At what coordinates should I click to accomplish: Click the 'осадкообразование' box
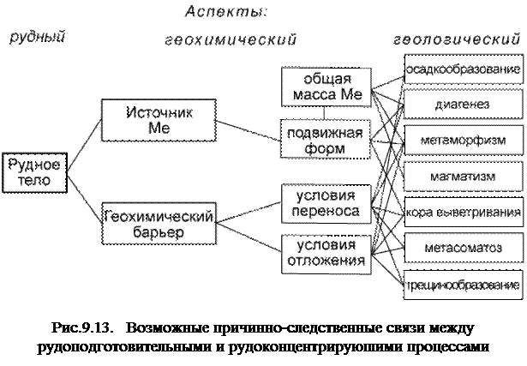click(x=463, y=69)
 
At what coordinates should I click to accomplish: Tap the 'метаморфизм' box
click(x=463, y=139)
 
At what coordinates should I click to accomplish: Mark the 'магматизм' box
click(x=463, y=175)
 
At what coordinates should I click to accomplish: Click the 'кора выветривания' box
click(x=463, y=211)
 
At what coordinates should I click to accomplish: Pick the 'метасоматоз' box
click(x=463, y=247)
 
